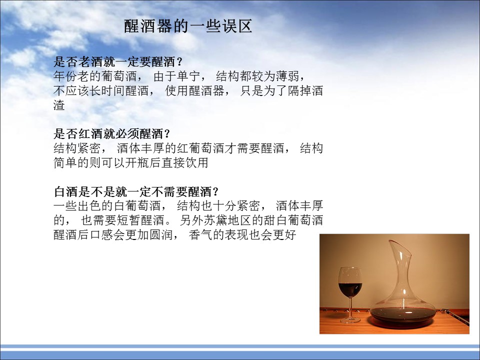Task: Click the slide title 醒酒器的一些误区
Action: point(188,26)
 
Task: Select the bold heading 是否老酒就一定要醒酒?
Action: point(118,62)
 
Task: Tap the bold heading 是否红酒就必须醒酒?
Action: point(111,134)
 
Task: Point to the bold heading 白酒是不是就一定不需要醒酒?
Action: point(136,191)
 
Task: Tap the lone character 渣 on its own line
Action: point(59,105)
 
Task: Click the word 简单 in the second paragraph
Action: point(65,162)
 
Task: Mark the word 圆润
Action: point(161,235)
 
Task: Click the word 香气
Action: point(200,235)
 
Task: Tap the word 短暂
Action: point(128,220)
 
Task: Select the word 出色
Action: point(89,205)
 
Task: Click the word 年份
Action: point(65,76)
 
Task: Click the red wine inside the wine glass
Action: point(350,289)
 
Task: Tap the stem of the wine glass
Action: point(350,307)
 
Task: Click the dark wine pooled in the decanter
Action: point(402,315)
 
